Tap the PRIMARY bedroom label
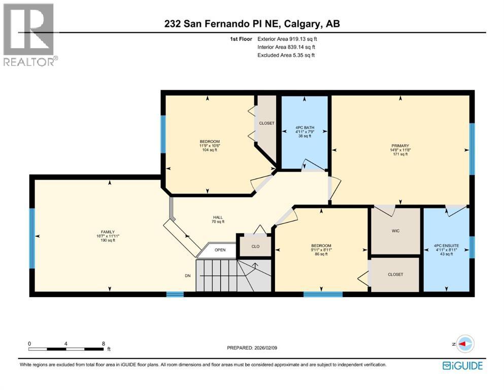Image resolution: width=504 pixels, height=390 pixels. coord(400,145)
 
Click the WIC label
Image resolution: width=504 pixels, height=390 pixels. coord(396,231)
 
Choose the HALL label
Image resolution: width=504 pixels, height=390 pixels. coord(218,217)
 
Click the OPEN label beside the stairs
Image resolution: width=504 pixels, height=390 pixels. coord(220,250)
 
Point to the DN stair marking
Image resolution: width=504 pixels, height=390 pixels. coord(188,276)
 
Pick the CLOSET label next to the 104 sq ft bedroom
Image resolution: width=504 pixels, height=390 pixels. coord(266,123)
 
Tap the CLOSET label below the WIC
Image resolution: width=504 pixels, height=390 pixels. coord(395,274)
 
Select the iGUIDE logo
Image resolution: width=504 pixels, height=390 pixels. coord(462,365)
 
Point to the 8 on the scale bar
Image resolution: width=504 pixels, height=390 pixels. coord(104,343)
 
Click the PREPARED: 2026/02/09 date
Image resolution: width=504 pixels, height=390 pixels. coord(252,348)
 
